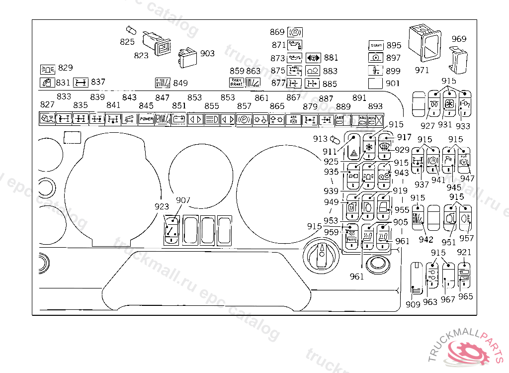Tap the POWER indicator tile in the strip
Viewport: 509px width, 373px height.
pos(146,119)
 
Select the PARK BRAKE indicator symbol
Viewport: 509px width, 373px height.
pos(236,82)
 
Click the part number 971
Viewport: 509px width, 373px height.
pos(421,71)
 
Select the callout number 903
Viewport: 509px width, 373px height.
pos(207,53)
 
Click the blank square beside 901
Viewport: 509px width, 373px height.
pos(376,83)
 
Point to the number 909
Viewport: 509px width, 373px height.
pos(413,304)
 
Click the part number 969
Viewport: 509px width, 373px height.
pos(459,39)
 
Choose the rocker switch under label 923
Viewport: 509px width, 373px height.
pos(171,230)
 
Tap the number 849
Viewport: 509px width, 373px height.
pos(180,83)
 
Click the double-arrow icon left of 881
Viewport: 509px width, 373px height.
pos(314,58)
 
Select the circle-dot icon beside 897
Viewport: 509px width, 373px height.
pos(377,58)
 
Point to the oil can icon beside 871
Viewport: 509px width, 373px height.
pos(295,45)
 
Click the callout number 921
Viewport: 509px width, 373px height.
pos(463,253)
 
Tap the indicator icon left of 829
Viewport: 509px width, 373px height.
pos(48,69)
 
